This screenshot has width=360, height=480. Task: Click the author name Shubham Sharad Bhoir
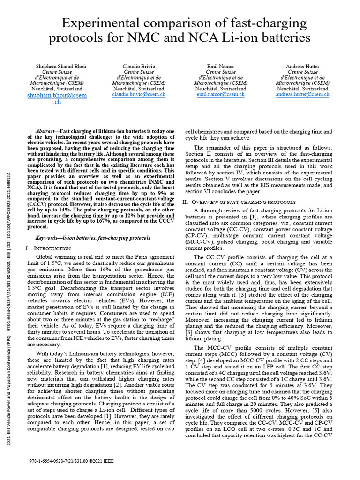click(x=57, y=67)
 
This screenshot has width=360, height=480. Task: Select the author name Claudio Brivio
click(x=139, y=67)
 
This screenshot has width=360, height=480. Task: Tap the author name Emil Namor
click(x=221, y=67)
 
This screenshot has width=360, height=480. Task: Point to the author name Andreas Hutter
click(x=302, y=67)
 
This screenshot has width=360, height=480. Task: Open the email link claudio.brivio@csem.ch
click(x=139, y=94)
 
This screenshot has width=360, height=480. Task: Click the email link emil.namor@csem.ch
click(x=221, y=94)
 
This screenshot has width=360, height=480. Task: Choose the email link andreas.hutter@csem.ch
click(x=302, y=94)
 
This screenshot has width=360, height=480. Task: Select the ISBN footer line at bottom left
click(x=70, y=461)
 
